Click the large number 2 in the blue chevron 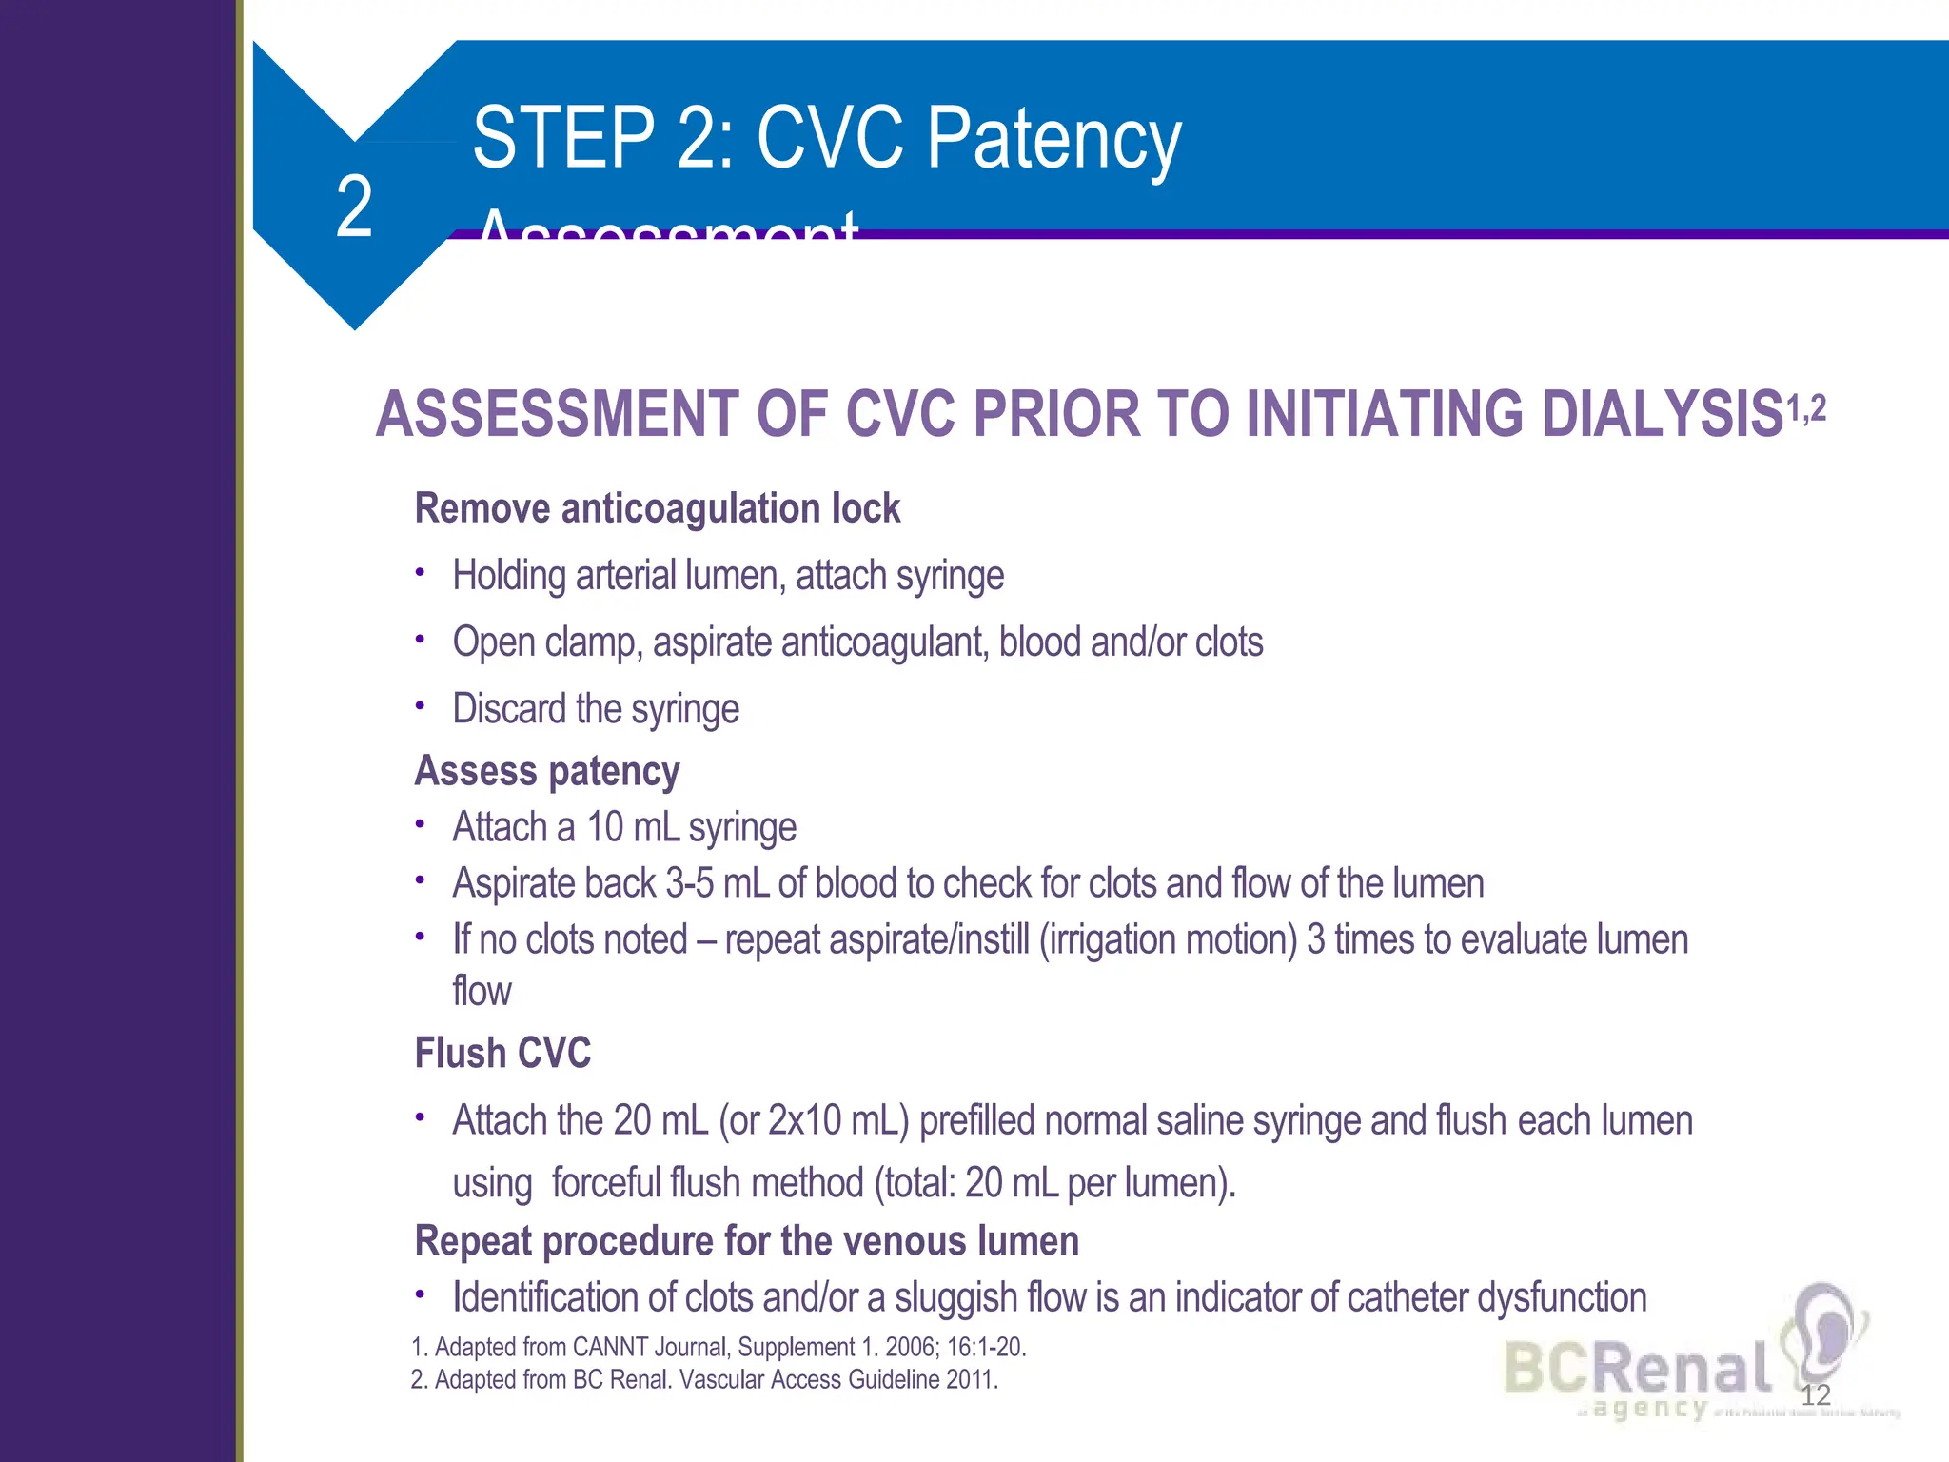click(354, 207)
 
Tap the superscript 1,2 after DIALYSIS click(1806, 409)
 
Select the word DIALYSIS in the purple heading click(1661, 415)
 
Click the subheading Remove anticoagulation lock click(657, 508)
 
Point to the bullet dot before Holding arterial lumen click(420, 573)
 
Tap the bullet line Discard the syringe click(596, 709)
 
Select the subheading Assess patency click(547, 771)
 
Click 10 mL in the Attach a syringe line click(632, 827)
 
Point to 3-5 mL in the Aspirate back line click(717, 883)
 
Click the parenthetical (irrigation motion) click(1168, 939)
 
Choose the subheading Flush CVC click(502, 1054)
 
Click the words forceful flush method click(707, 1183)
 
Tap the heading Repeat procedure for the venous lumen click(747, 1241)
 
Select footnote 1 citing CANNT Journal click(719, 1348)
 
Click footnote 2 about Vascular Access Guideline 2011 click(704, 1380)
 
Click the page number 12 click(1816, 1395)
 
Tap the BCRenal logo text click(1637, 1369)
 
